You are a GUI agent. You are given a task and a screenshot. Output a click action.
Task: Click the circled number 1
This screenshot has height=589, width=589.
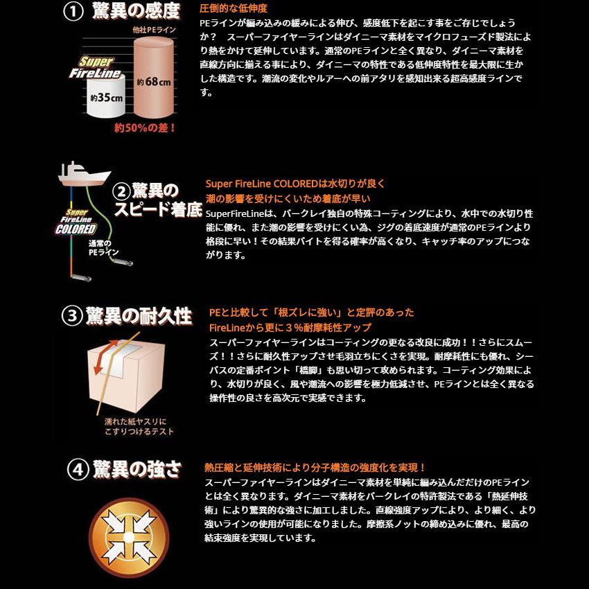pyautogui.click(x=73, y=12)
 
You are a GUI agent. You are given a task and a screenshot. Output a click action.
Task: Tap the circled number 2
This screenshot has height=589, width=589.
pyautogui.click(x=122, y=191)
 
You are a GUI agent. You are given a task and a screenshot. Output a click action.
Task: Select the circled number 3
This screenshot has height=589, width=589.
pyautogui.click(x=72, y=316)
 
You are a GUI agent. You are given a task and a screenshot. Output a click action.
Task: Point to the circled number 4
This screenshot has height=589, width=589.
pyautogui.click(x=78, y=470)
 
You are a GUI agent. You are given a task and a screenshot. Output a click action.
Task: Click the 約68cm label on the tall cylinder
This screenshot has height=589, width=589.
pyautogui.click(x=154, y=82)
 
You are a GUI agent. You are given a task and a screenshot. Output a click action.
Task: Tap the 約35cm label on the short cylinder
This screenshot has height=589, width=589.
pyautogui.click(x=106, y=98)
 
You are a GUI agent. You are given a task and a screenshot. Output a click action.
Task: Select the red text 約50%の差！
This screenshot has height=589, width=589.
pyautogui.click(x=145, y=128)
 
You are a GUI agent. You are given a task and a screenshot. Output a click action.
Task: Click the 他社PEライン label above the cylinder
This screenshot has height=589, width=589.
pyautogui.click(x=154, y=30)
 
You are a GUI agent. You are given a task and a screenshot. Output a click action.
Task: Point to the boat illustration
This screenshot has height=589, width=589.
pyautogui.click(x=85, y=173)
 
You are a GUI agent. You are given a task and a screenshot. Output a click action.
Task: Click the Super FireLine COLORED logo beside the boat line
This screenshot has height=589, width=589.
pyautogui.click(x=76, y=222)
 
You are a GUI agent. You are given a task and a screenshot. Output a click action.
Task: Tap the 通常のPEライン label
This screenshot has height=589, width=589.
pyautogui.click(x=103, y=248)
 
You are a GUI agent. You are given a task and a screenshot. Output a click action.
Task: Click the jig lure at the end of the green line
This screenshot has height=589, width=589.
pyautogui.click(x=123, y=262)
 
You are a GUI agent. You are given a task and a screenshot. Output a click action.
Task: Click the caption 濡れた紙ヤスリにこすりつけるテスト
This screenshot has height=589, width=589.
pyautogui.click(x=139, y=427)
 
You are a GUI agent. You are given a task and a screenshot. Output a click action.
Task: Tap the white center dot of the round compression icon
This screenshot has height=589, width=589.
pyautogui.click(x=129, y=538)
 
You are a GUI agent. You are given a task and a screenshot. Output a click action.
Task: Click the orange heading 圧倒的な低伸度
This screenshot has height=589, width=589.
pyautogui.click(x=234, y=8)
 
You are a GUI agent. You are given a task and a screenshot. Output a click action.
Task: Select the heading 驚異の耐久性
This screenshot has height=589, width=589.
pyautogui.click(x=139, y=316)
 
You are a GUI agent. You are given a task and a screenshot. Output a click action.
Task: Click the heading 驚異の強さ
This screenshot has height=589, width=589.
pyautogui.click(x=137, y=470)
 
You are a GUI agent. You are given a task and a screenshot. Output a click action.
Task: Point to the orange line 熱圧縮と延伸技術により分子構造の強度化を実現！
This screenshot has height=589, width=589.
pyautogui.click(x=315, y=468)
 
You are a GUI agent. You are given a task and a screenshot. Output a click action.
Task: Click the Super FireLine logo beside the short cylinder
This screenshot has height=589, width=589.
pyautogui.click(x=95, y=68)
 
